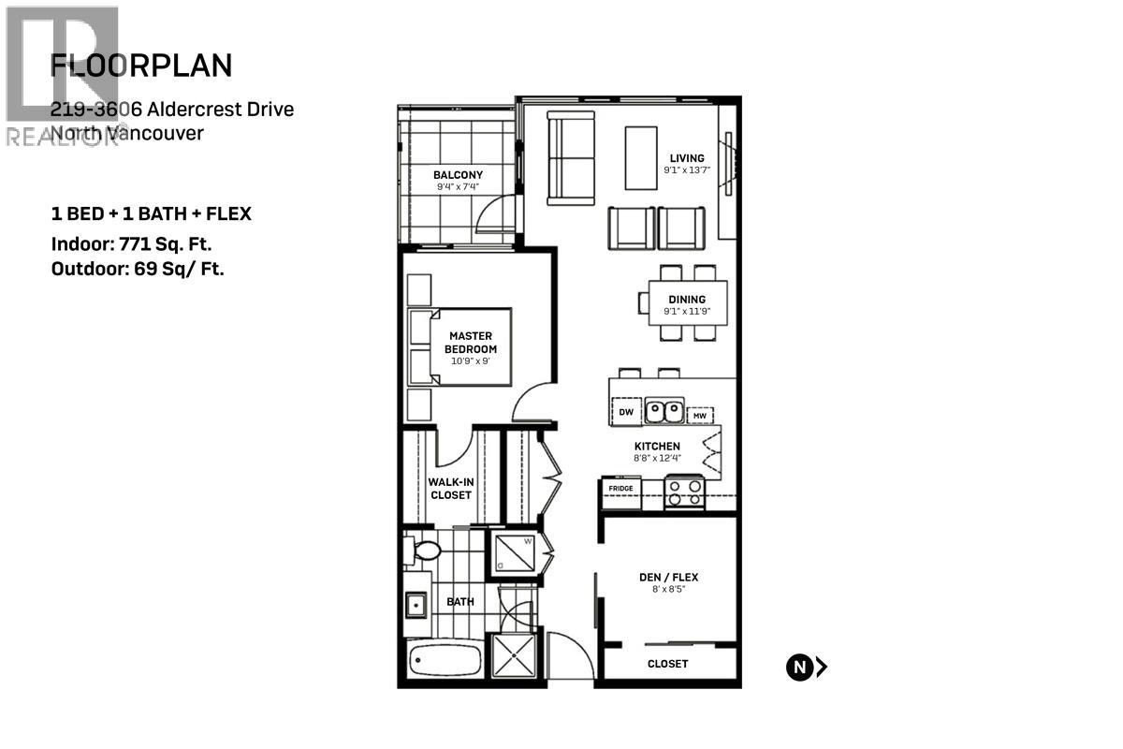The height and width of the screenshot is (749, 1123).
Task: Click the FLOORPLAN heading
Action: tap(141, 66)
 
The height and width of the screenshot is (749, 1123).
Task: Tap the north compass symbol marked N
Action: tap(798, 667)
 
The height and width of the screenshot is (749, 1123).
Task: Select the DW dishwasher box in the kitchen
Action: tap(625, 410)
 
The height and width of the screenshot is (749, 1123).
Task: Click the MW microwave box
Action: tap(699, 415)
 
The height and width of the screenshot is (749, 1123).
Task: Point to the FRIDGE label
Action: tap(620, 488)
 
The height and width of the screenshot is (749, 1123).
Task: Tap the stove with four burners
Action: tap(684, 492)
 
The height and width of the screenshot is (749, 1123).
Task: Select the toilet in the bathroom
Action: tap(421, 551)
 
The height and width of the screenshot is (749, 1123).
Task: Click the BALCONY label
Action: tap(458, 175)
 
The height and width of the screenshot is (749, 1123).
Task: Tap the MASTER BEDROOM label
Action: tap(470, 342)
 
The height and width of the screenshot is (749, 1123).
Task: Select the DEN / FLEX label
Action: tap(668, 577)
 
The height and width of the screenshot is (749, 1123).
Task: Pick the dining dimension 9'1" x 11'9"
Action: tap(687, 312)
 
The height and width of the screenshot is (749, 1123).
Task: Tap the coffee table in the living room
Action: tap(641, 157)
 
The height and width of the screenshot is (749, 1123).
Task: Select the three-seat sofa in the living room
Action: tap(570, 157)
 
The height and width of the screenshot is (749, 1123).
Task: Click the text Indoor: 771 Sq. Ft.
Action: tap(132, 245)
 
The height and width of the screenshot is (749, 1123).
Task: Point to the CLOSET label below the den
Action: tap(667, 663)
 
